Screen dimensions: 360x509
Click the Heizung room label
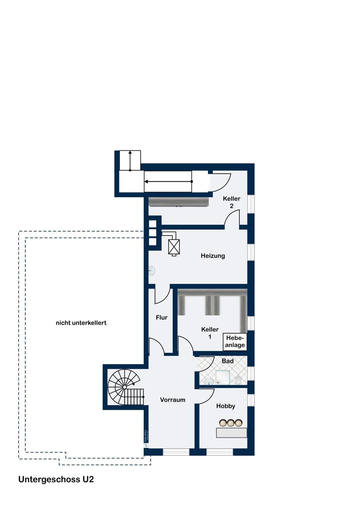tap(213, 256)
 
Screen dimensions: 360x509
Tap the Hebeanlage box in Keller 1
tap(235, 342)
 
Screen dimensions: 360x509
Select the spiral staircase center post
tap(125, 387)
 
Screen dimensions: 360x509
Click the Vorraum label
tap(173, 400)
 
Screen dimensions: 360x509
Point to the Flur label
tap(162, 317)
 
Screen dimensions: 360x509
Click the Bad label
tap(228, 361)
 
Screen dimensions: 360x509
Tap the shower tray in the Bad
tap(223, 377)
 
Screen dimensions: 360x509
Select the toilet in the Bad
tap(238, 380)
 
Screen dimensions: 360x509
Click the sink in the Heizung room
tap(152, 271)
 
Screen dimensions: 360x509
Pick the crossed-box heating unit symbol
tap(174, 247)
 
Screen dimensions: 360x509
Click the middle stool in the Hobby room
tap(231, 423)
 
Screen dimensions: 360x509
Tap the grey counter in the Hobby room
tap(232, 433)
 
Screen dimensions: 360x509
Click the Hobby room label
tap(226, 406)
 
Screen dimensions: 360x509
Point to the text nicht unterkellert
tap(81, 323)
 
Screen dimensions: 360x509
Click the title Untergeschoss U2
tap(56, 479)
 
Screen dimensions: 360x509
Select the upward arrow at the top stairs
tap(130, 161)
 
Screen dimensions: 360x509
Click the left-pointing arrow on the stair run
tap(168, 182)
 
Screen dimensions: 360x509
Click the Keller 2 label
tap(232, 202)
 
